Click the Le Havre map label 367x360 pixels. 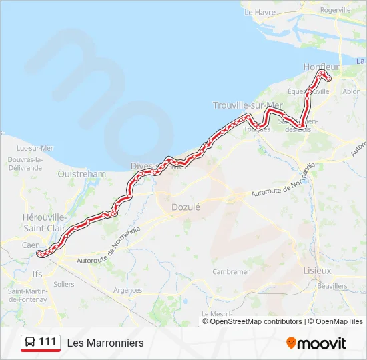[260, 12]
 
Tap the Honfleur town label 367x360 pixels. [321, 67]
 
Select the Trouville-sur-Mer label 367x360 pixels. [248, 105]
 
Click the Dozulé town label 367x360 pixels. [186, 207]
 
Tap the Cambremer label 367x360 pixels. [230, 272]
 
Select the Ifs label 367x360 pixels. [37, 273]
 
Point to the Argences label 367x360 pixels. [128, 290]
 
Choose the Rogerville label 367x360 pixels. [335, 11]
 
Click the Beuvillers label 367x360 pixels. [332, 286]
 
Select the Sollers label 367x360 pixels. [64, 284]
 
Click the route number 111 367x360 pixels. [47, 342]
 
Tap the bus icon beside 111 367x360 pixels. [30, 343]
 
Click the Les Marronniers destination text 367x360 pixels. [105, 343]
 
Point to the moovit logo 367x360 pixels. [316, 343]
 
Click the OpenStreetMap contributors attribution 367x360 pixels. [256, 321]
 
